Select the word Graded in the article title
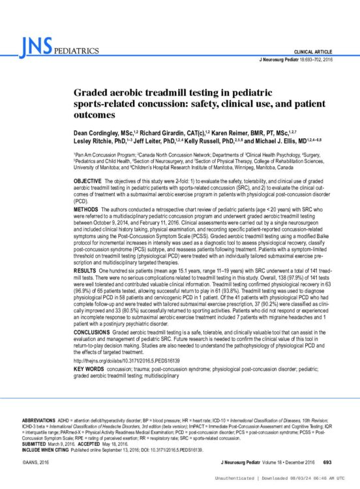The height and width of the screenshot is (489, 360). [90, 95]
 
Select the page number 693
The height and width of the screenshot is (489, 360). [327, 462]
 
